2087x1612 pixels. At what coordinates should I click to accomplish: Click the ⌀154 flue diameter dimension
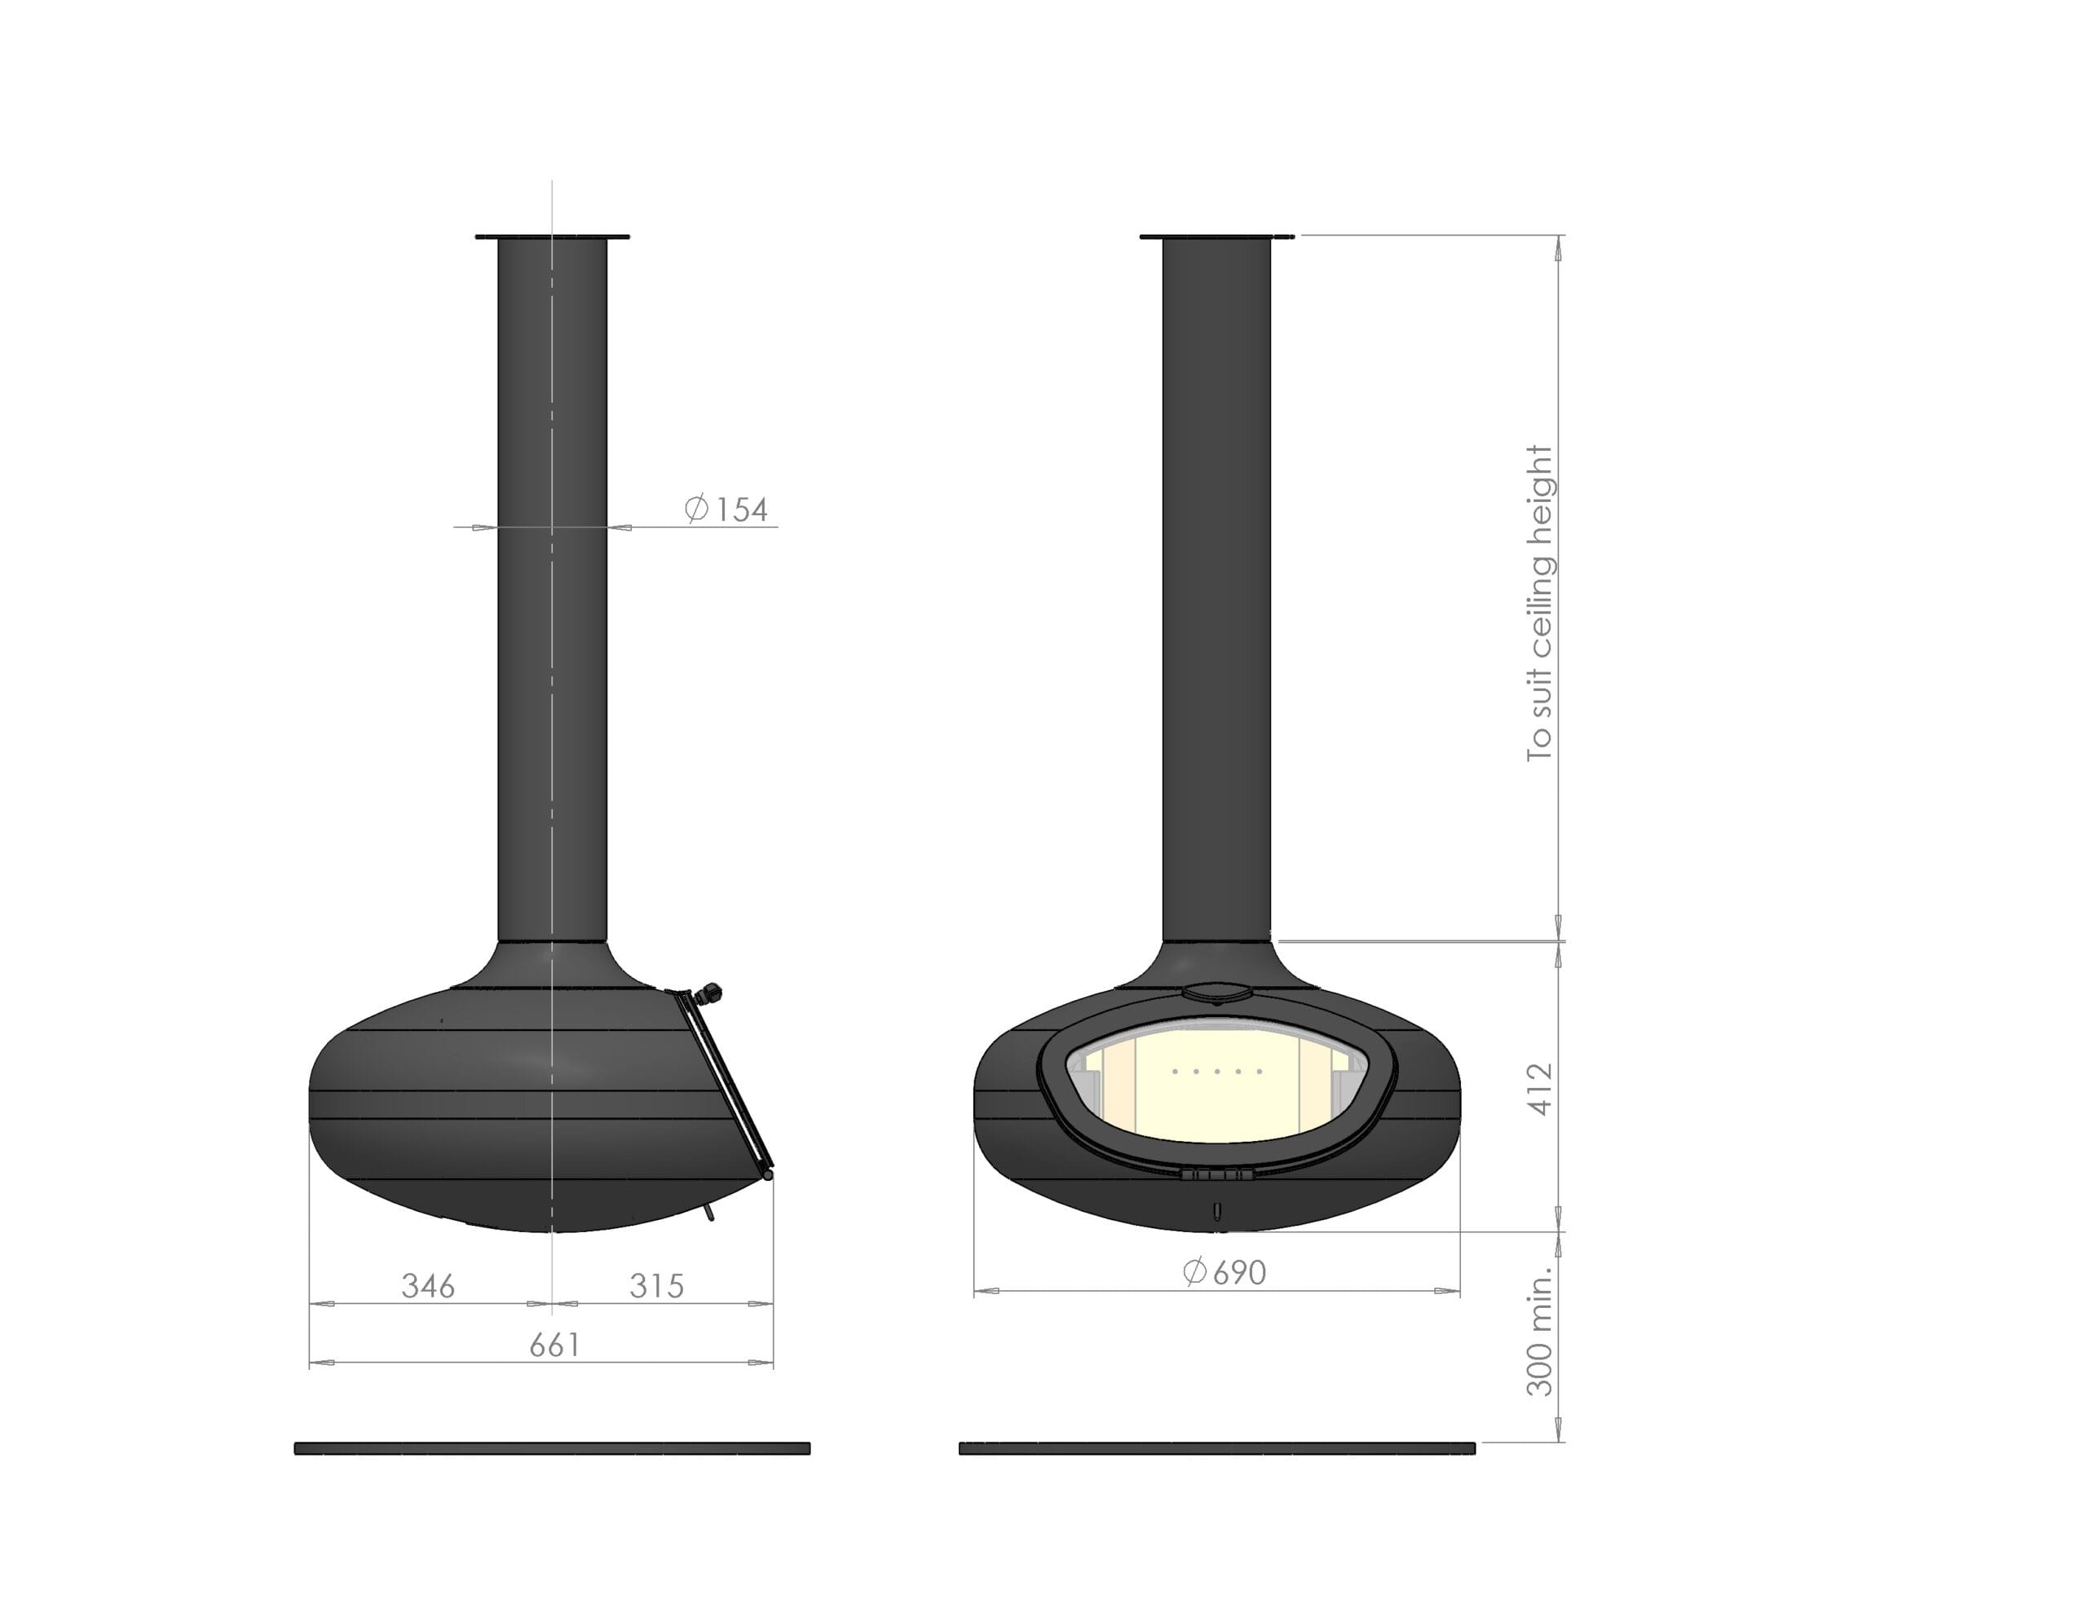coord(726,509)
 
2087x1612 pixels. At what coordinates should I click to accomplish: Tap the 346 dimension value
coord(428,1286)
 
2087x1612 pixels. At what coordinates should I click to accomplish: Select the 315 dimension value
coord(656,1286)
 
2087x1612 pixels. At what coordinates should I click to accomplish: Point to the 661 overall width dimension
coord(555,1346)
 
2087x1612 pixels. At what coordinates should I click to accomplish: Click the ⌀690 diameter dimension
coord(1224,1272)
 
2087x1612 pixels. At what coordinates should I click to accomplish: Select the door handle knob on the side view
coord(710,993)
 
